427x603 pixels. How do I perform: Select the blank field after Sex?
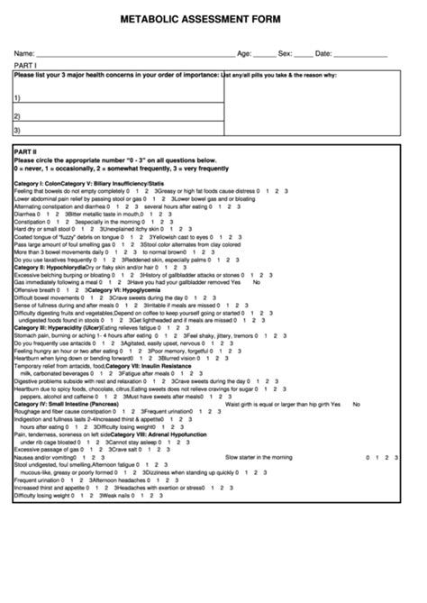pyautogui.click(x=304, y=54)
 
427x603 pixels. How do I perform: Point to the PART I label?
pyautogui.click(x=24, y=66)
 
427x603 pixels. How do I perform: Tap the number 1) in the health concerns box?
pyautogui.click(x=17, y=98)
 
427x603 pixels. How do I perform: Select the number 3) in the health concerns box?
pyautogui.click(x=17, y=130)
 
